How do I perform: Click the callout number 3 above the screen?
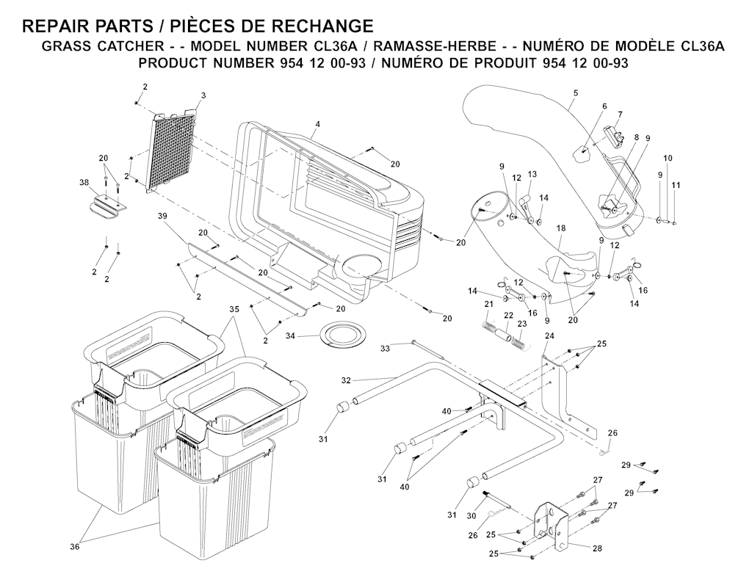click(x=203, y=96)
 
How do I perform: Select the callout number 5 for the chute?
click(x=576, y=92)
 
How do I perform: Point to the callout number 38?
click(x=84, y=182)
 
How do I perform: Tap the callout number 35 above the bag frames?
click(x=234, y=309)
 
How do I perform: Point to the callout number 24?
click(x=549, y=335)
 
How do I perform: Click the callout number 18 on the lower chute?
click(x=560, y=229)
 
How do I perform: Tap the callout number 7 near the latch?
click(x=620, y=115)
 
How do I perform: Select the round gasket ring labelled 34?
click(x=341, y=334)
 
